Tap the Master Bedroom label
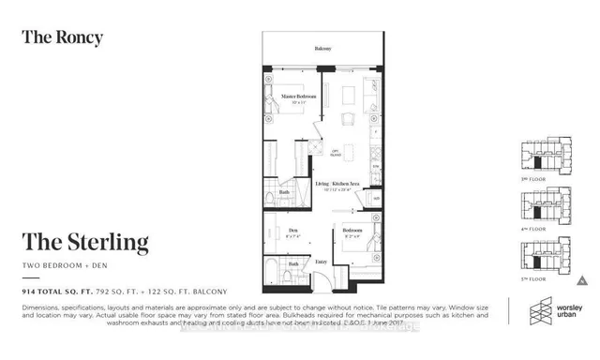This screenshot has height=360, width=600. point(298,97)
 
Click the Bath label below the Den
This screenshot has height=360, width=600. point(292,264)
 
